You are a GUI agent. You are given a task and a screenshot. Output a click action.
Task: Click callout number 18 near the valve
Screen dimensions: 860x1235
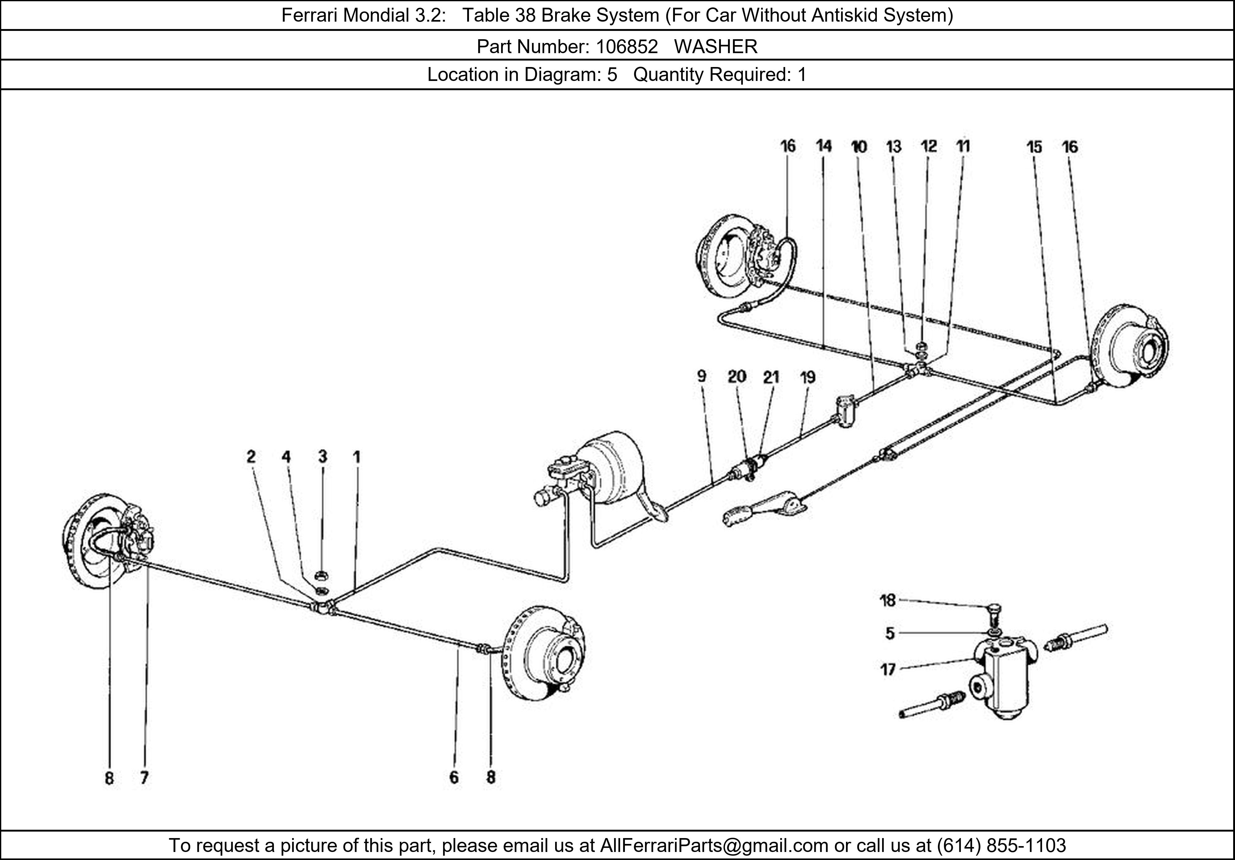coord(888,600)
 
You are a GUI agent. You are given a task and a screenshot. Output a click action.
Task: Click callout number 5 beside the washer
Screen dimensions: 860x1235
coord(890,634)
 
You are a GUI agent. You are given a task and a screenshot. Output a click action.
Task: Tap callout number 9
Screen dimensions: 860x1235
coord(701,376)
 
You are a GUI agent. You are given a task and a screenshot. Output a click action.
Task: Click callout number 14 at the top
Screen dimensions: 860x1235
coord(823,146)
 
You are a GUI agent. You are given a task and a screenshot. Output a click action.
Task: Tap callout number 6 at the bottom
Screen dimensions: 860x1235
coord(454,777)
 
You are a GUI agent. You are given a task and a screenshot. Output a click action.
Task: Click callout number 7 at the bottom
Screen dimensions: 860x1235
coord(144,778)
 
